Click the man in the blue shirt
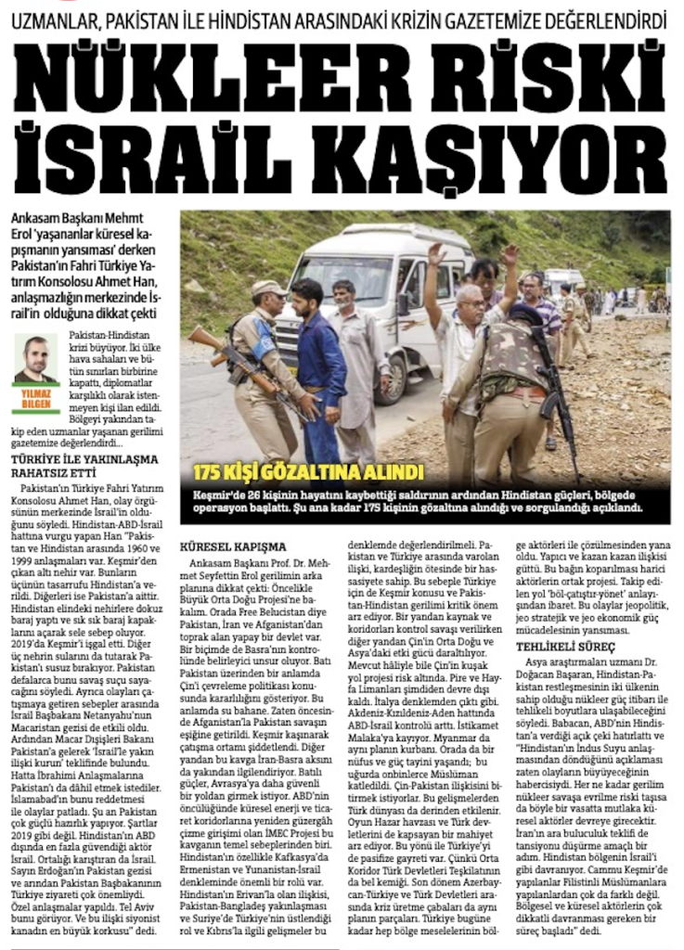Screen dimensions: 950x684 [x=321, y=362]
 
